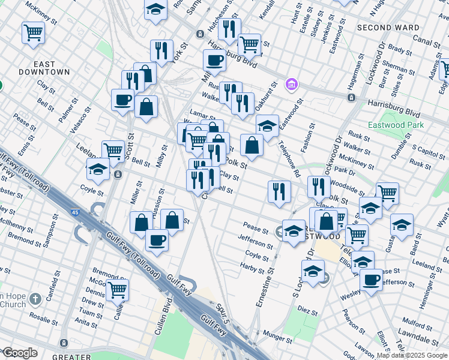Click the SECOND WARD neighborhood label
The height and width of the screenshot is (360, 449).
[x=388, y=28]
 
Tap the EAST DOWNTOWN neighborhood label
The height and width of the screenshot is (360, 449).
[x=52, y=68]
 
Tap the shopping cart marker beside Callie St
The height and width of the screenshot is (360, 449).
[x=117, y=290]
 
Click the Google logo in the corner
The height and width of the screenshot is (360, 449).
[x=20, y=353]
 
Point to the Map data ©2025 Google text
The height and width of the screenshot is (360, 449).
[x=412, y=355]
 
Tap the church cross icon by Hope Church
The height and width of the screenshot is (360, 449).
[x=35, y=298]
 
